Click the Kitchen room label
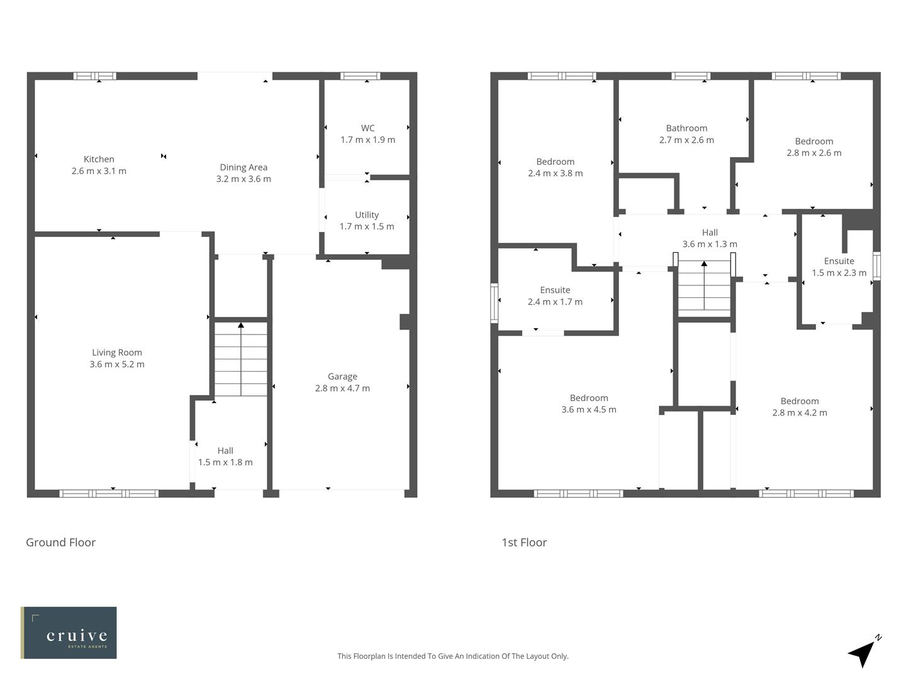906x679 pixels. coord(99,159)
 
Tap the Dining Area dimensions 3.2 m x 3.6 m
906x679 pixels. coord(243,179)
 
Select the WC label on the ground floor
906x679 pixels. coord(367,128)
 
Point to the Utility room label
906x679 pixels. coord(367,215)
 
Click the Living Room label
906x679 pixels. coord(117,353)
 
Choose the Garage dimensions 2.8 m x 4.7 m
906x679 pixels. coord(342,388)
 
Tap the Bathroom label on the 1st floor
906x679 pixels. coord(686,128)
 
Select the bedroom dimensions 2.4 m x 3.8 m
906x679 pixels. coord(555,173)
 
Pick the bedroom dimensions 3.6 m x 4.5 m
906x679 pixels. coord(588,409)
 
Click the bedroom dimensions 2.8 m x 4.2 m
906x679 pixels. coord(800,412)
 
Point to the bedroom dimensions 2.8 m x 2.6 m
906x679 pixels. coord(814,153)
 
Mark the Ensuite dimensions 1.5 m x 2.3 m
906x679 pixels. coord(839,273)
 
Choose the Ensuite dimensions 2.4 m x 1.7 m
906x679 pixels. coord(555,302)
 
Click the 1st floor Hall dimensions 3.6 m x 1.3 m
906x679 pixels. coord(710,244)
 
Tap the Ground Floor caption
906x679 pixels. coord(60,543)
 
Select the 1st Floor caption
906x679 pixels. coord(524,543)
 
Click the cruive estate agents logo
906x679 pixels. coord(69,632)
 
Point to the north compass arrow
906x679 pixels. coord(863,653)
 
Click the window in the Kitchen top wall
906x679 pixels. coord(95,76)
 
